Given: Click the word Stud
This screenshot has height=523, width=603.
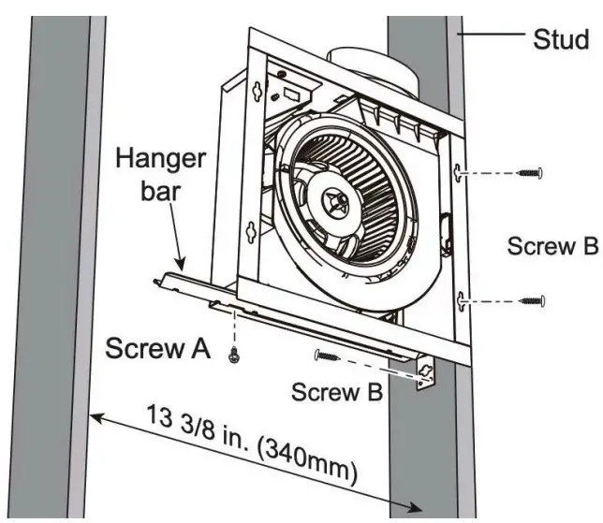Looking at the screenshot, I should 561,39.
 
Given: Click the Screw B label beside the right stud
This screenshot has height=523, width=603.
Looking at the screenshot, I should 552,247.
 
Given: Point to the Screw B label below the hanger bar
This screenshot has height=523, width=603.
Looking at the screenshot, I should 335,392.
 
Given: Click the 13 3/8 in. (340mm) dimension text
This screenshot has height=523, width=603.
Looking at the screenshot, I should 252,443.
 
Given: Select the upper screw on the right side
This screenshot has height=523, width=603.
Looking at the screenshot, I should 531,172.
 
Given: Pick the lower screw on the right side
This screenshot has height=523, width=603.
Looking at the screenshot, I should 531,299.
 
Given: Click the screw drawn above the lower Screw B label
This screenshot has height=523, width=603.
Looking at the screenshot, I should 329,355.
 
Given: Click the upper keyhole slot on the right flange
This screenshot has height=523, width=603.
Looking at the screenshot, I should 459,173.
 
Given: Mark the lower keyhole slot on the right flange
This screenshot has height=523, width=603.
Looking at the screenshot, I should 460,299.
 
